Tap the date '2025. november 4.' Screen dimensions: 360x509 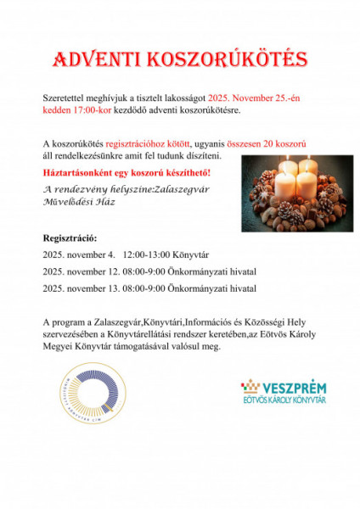tap(77, 255)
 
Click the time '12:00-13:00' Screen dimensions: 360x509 tap(145, 255)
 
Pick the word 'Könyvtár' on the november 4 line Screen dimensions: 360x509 tap(190, 255)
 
